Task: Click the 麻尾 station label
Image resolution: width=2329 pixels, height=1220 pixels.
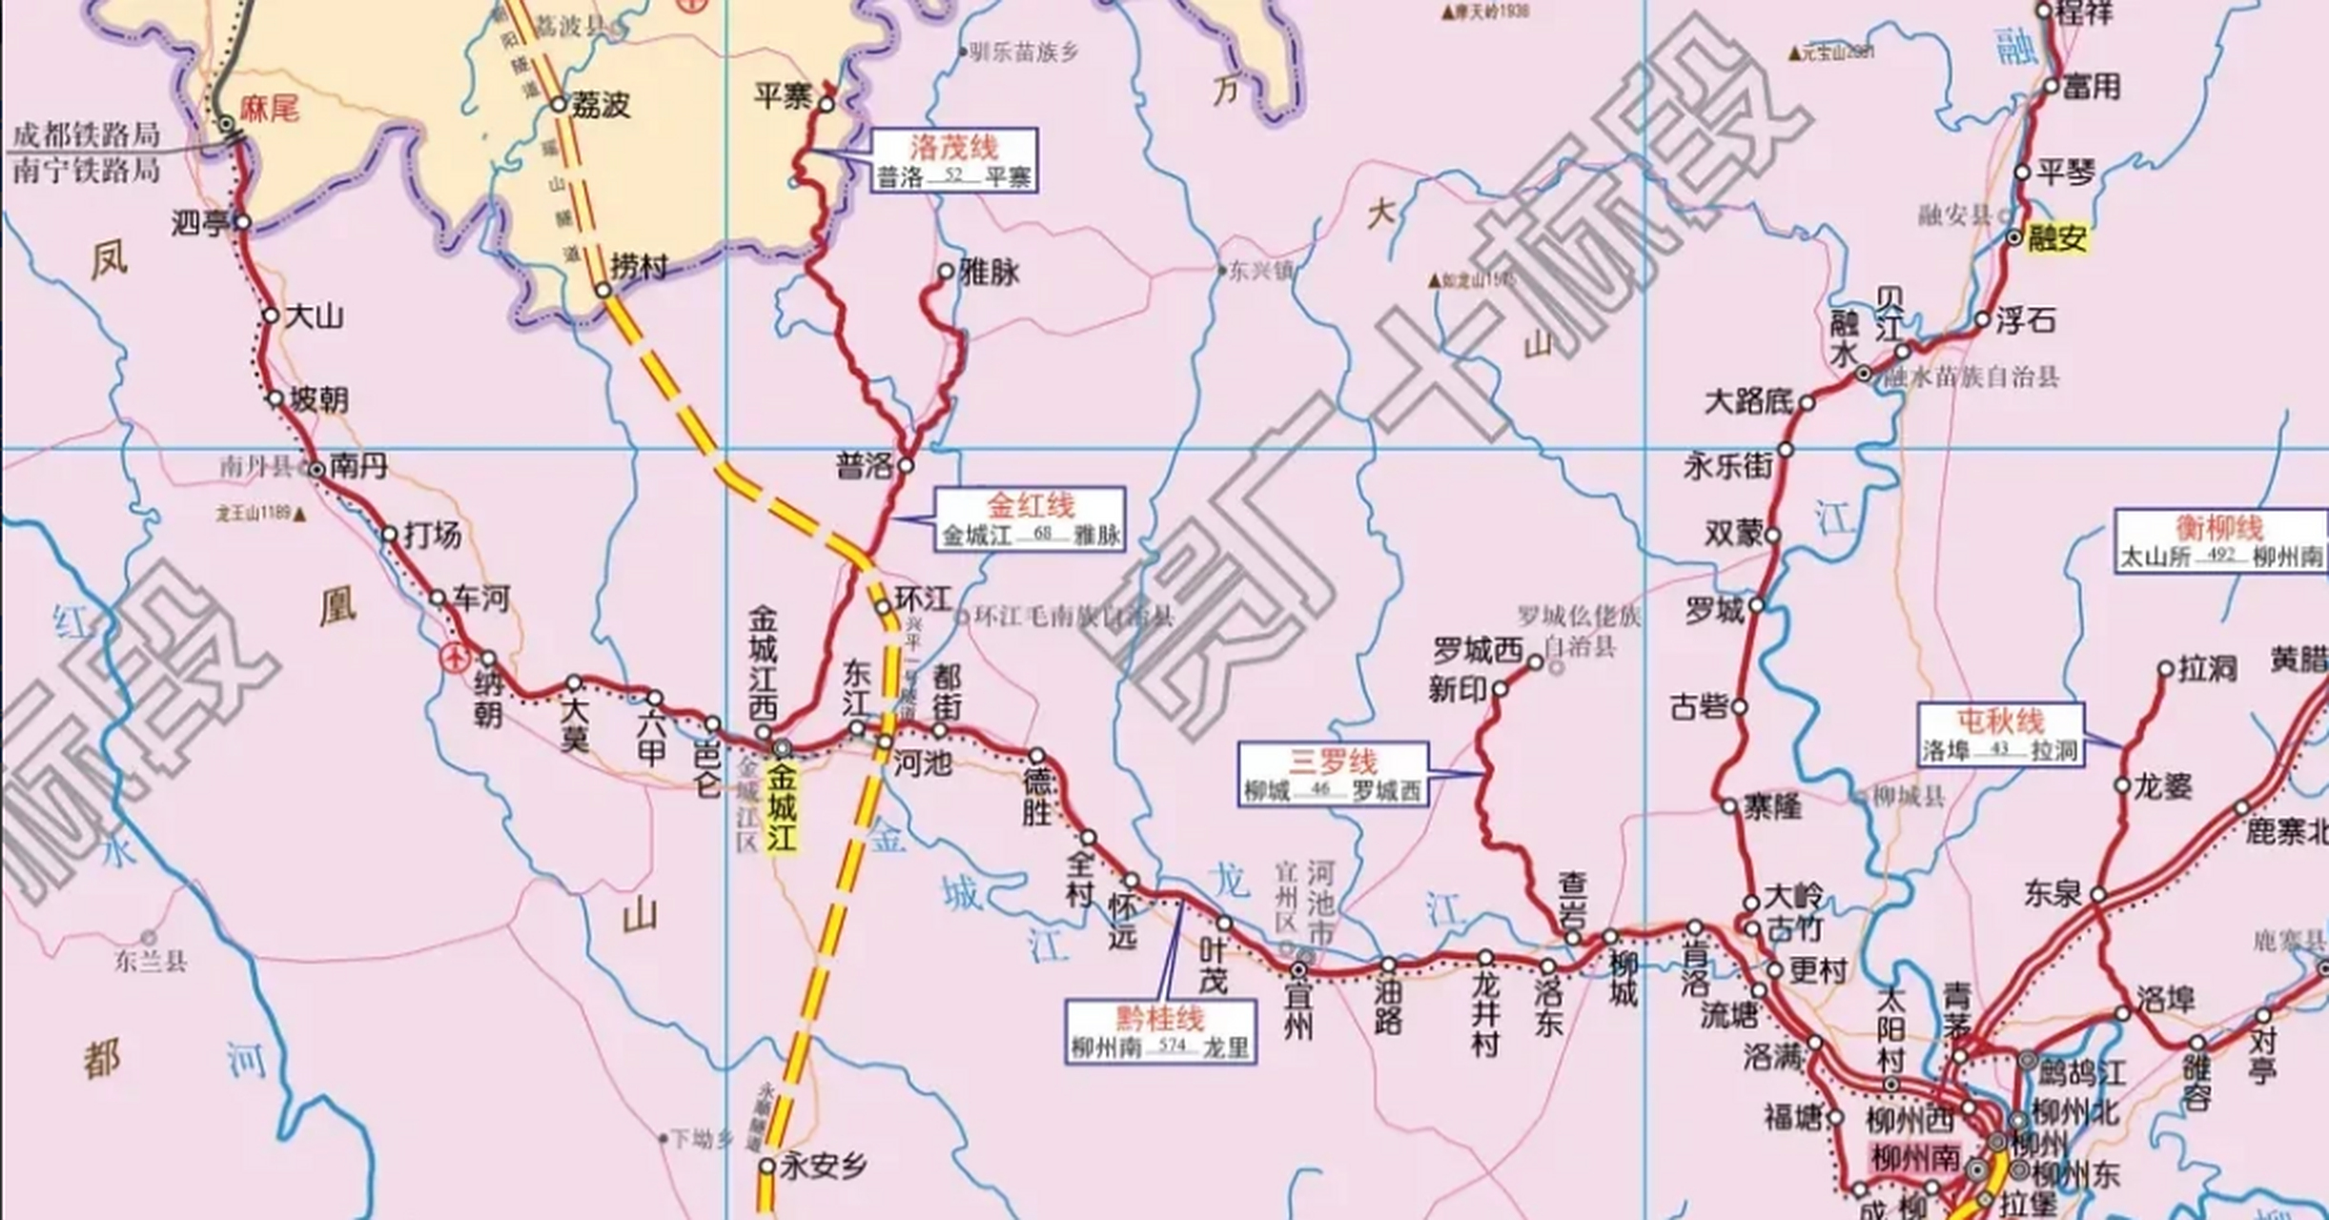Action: [269, 109]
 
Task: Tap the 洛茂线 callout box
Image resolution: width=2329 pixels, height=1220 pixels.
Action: [952, 161]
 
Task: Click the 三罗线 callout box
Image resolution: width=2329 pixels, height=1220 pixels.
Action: [1333, 775]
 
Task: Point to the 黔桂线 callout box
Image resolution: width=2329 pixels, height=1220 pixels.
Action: [1159, 1030]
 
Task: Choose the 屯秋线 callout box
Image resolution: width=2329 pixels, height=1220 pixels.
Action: [2000, 734]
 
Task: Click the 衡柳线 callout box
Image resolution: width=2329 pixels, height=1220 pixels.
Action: [2219, 541]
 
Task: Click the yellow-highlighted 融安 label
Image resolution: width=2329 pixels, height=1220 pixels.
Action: [2056, 238]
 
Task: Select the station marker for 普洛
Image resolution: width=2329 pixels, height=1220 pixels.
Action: [906, 466]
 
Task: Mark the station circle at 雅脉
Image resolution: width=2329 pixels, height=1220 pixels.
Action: [945, 272]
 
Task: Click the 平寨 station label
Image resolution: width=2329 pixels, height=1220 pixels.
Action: [782, 96]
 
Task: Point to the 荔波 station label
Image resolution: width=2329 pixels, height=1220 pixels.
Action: [601, 105]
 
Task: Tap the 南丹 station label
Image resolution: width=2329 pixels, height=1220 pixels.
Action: [358, 466]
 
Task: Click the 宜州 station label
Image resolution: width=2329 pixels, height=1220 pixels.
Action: [1298, 1010]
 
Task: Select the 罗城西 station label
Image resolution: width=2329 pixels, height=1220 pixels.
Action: [1478, 651]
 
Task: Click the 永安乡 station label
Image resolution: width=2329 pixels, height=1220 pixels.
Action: [824, 1166]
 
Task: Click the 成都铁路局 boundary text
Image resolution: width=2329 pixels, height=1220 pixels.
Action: [86, 134]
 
